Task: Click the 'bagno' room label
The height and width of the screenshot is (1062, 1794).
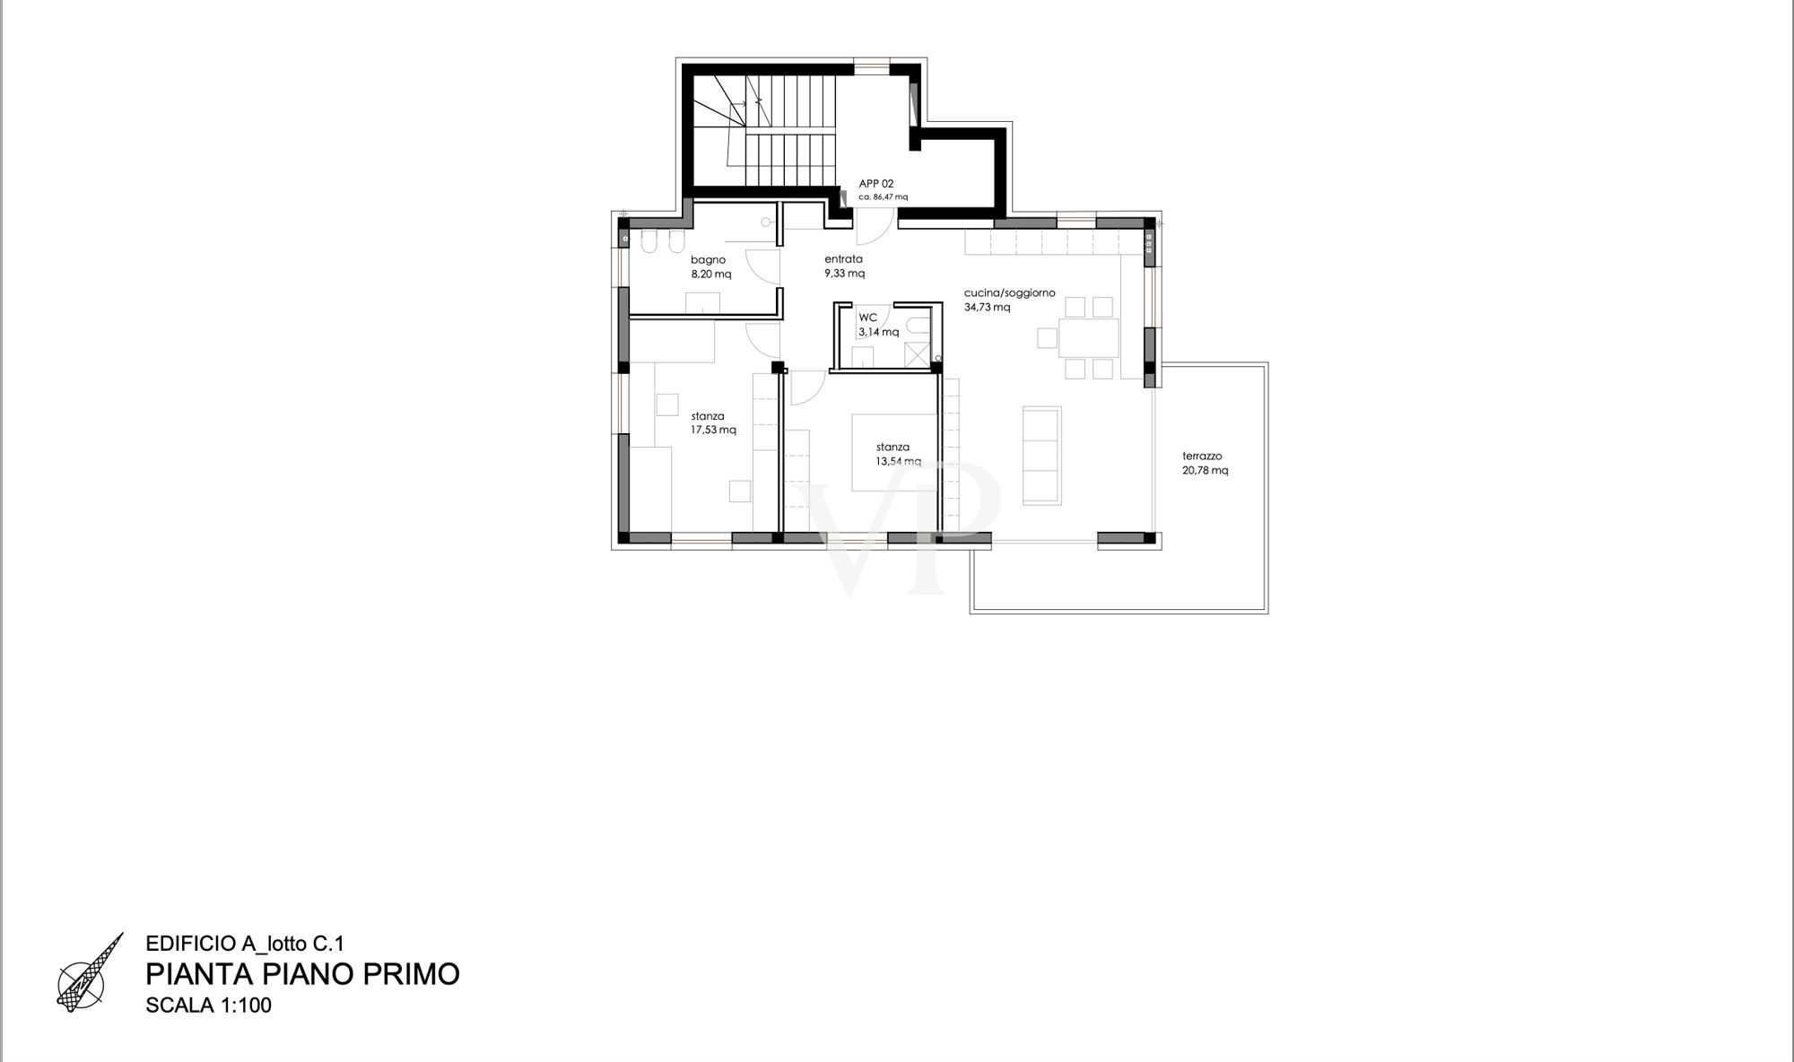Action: [x=708, y=260]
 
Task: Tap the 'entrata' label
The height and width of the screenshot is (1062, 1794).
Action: [x=843, y=259]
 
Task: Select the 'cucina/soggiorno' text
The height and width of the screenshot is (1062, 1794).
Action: [x=1009, y=293]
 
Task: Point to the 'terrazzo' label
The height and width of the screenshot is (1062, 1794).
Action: [x=1202, y=456]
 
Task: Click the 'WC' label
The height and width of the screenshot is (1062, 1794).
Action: [x=867, y=318]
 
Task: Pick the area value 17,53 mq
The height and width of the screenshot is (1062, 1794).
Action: [x=713, y=430]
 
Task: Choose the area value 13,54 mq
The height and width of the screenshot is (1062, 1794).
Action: [x=899, y=461]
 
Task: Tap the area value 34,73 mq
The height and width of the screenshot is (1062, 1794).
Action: [x=987, y=308]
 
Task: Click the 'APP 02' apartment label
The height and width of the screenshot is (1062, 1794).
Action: [x=876, y=184]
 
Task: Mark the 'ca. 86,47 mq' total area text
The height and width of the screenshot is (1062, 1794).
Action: [x=884, y=196]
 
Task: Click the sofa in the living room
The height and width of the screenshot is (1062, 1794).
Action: [x=1042, y=454]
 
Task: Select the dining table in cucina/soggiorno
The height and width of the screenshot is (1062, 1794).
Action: [x=1089, y=338]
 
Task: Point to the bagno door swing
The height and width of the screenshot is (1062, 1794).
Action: [x=762, y=266]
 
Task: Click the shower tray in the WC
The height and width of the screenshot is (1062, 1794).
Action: [x=916, y=354]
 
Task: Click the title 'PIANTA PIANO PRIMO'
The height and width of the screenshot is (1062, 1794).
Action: [x=302, y=974]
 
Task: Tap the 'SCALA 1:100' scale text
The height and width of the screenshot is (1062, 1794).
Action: [x=208, y=1005]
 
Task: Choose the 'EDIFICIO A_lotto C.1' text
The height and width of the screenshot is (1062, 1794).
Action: [x=245, y=944]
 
